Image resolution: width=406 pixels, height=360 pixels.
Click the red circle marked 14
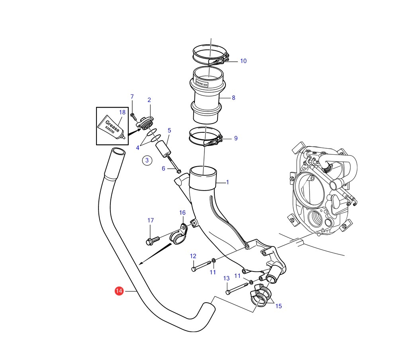tap(119, 291)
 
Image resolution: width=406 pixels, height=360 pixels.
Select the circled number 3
tap(147, 160)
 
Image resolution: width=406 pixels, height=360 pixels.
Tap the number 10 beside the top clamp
tap(243, 61)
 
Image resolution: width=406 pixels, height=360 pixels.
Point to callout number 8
tap(233, 98)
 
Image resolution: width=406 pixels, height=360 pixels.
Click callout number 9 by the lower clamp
tap(235, 138)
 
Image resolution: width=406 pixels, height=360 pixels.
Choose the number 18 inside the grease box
tap(122, 112)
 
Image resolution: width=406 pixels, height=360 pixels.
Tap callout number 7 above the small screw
tap(132, 96)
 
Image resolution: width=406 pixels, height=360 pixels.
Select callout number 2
tap(149, 100)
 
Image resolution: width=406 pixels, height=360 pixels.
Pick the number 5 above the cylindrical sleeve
tap(169, 130)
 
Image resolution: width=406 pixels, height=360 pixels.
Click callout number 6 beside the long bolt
tap(163, 169)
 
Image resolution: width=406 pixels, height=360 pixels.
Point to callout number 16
tap(182, 213)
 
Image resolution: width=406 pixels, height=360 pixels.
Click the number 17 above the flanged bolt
tap(150, 220)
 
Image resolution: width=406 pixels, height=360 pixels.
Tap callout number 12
tap(193, 256)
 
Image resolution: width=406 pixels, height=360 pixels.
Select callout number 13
tap(226, 278)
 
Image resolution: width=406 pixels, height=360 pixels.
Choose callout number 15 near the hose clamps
tap(278, 306)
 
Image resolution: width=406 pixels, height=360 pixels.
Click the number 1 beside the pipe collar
tap(228, 183)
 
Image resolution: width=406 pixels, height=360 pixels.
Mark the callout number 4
tap(137, 148)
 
